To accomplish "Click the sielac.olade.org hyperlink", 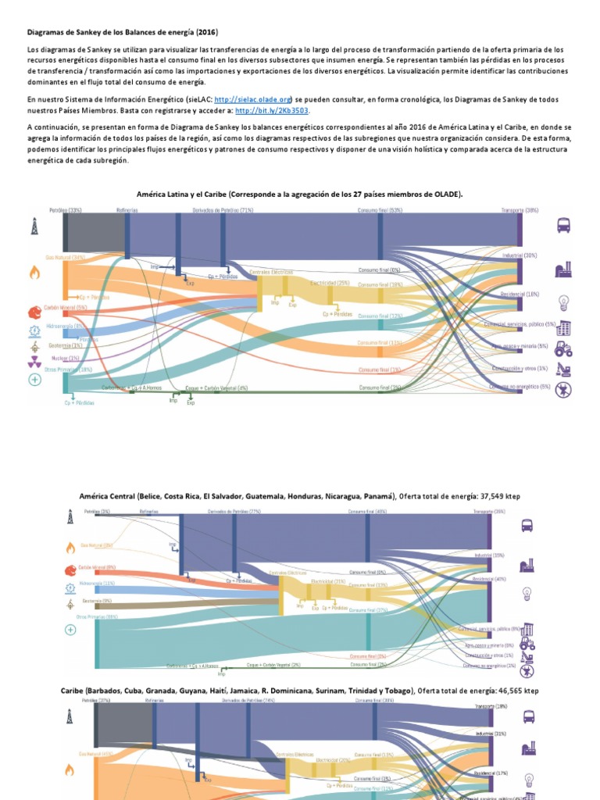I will (252, 100).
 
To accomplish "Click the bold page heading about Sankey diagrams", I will (123, 33).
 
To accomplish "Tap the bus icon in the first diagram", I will (562, 225).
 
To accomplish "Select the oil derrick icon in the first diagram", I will (34, 227).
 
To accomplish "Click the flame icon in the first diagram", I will (34, 272).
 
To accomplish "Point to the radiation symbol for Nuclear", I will (34, 362).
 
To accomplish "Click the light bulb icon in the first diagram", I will (562, 302).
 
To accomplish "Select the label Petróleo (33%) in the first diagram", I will (66, 210).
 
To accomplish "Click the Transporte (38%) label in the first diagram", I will (521, 210).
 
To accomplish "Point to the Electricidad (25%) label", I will (330, 283).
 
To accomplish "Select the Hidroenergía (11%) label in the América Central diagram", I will (97, 583).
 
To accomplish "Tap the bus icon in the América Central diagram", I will (527, 526).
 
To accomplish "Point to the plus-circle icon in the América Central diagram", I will (70, 629).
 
